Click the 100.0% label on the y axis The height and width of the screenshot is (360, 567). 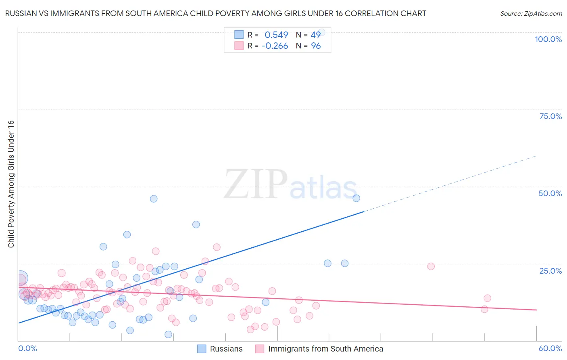click(548, 39)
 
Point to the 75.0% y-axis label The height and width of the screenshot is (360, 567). click(550, 116)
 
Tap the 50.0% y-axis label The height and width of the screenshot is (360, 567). click(550, 193)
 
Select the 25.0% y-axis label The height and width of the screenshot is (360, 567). click(550, 271)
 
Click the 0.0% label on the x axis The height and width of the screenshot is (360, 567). click(27, 348)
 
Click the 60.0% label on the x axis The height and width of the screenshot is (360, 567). click(550, 348)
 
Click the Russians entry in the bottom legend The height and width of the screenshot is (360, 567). click(226, 349)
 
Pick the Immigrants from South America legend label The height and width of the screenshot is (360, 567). click(325, 349)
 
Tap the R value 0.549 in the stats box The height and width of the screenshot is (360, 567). click(276, 35)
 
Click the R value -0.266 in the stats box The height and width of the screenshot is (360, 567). click(275, 46)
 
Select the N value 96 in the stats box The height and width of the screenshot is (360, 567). click(316, 46)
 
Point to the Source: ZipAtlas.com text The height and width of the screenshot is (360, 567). click(531, 13)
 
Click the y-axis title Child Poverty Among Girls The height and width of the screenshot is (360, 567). click(11, 184)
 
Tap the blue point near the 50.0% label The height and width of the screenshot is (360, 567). click(356, 198)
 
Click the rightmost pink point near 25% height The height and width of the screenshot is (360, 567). click(431, 266)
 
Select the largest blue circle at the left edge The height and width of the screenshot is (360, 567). click(21, 278)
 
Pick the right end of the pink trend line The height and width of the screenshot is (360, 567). click(536, 310)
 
